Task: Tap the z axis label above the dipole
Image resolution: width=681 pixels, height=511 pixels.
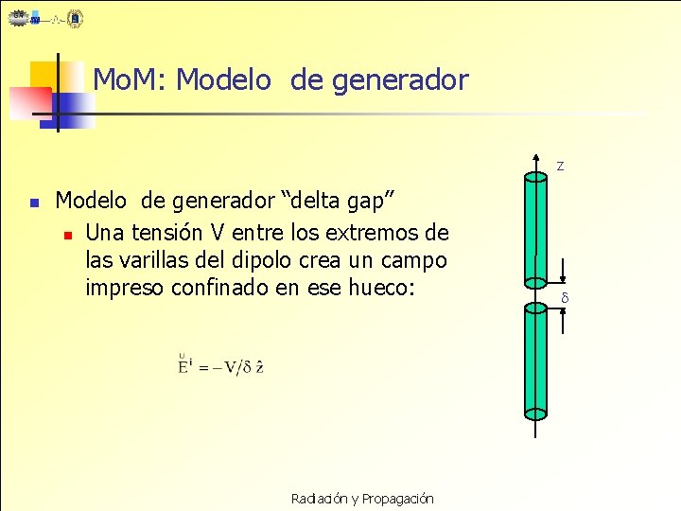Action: (x=560, y=167)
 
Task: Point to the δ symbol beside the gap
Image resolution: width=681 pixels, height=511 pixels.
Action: (x=564, y=299)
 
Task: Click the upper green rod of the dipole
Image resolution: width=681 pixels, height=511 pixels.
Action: (x=535, y=227)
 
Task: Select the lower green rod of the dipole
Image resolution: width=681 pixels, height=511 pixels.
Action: (x=535, y=360)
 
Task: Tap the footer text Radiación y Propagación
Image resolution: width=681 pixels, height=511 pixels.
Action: (x=362, y=498)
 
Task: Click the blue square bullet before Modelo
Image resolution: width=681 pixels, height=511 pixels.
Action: (x=33, y=203)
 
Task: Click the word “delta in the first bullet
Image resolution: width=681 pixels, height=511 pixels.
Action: (x=314, y=201)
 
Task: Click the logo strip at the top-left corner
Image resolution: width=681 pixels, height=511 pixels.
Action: (x=46, y=19)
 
